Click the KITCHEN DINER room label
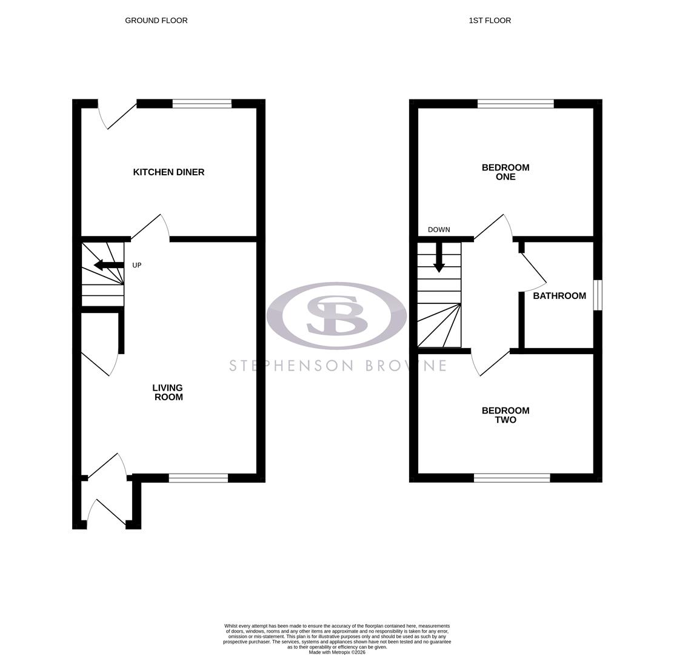168,172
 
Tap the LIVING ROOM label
168,392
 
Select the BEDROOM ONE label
505,172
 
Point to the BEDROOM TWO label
505,415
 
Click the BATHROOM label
559,296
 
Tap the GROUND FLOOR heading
156,21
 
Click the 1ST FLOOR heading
490,21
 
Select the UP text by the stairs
137,266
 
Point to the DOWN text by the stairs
439,230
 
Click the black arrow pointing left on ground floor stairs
108,265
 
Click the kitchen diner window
202,104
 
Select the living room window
198,478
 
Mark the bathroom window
598,295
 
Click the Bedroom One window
515,104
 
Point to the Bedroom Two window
512,478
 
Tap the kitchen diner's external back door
118,115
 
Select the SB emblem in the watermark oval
336,315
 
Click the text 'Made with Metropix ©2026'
337,653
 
